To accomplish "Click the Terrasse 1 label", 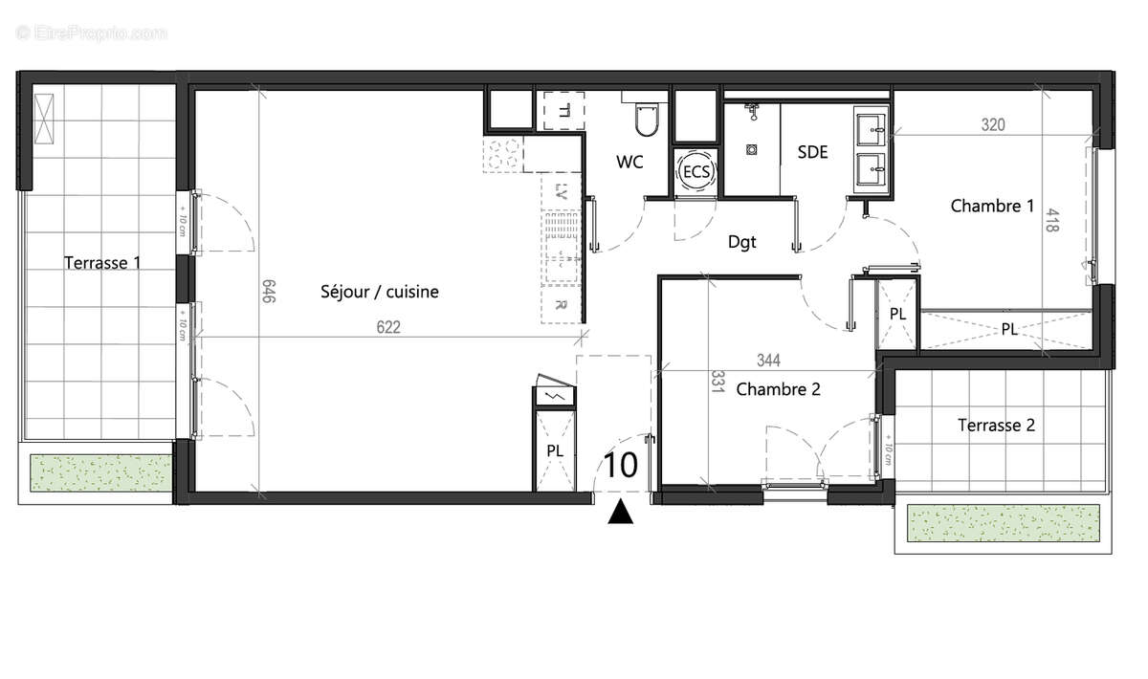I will point(103,263).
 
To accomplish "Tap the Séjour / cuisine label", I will point(380,292).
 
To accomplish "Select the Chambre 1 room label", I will point(992,206).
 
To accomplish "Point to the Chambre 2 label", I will point(779,389).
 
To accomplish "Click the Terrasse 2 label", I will point(996,426).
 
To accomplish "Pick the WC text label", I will point(629,163).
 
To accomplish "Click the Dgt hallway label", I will point(741,242).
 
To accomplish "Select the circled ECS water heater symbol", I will point(695,172).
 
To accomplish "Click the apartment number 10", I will point(621,466).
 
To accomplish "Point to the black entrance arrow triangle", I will point(622,514).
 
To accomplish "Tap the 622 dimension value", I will point(387,327).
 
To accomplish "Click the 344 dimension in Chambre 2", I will point(768,361).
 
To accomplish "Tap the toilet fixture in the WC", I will point(646,119).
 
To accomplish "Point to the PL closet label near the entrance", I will point(555,449).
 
